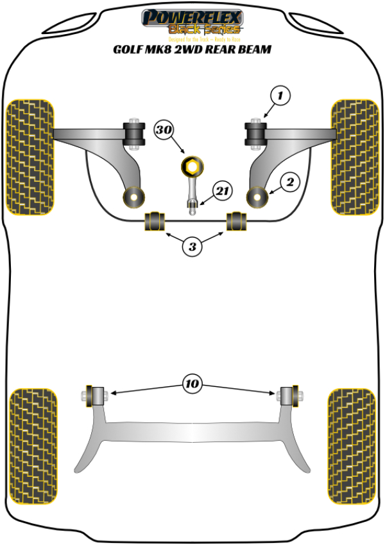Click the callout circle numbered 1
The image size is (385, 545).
[280, 96]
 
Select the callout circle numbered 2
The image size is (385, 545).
[290, 183]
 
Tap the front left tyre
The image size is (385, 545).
[30, 156]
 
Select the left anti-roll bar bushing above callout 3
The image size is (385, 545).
[155, 220]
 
